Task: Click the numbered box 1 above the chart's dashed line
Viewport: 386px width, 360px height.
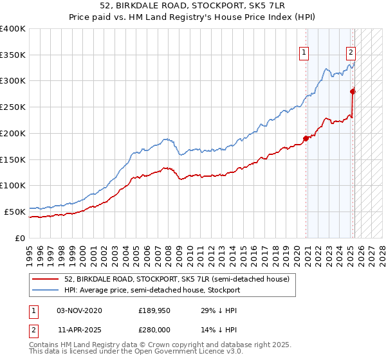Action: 303,54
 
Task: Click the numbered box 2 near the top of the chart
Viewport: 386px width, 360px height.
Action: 351,54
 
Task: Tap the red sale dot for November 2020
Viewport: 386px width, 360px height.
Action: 306,138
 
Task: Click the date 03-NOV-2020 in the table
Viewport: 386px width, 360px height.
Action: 79,310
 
